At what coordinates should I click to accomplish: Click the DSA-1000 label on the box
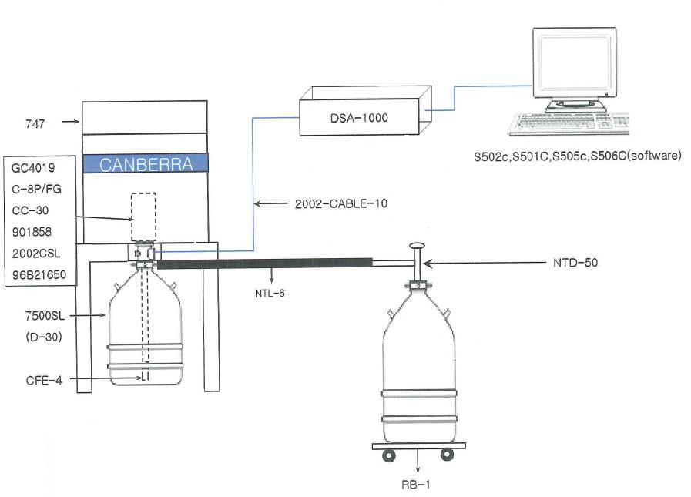tap(359, 118)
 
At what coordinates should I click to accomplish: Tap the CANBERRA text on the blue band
tap(146, 164)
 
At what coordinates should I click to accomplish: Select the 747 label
tap(35, 123)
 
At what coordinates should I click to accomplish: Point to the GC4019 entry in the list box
tap(33, 168)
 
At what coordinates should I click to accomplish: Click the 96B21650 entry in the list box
tap(39, 275)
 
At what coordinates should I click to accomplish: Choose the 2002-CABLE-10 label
tap(341, 203)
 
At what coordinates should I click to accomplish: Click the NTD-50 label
tap(575, 263)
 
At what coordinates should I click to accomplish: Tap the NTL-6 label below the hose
tap(270, 294)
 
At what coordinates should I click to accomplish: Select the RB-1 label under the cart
tap(415, 485)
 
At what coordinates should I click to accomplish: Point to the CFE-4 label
tap(44, 380)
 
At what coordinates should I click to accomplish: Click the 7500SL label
tap(45, 316)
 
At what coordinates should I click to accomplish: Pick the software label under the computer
tap(577, 156)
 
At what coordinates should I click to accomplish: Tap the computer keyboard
tap(569, 124)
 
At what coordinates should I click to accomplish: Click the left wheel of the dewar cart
tap(389, 455)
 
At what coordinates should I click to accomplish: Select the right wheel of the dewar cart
tap(447, 454)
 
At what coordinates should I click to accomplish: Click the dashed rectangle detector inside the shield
tap(143, 217)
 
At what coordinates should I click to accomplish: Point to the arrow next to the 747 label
tap(70, 121)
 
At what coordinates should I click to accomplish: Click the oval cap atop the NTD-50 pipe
tap(417, 246)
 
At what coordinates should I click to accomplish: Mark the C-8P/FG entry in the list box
tap(36, 190)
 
